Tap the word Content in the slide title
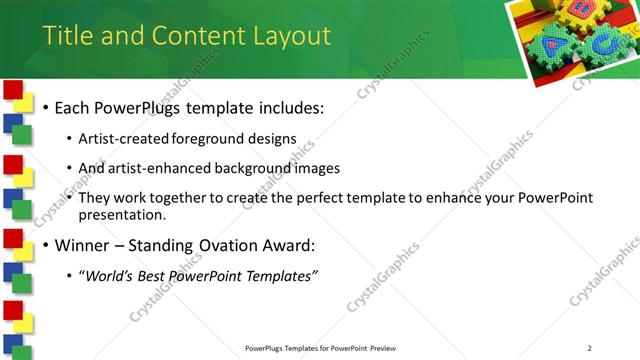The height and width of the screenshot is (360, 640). [x=198, y=37]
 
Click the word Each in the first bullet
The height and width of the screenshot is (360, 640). [x=72, y=107]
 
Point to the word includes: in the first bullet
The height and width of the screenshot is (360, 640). [x=290, y=107]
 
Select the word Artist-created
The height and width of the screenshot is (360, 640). [x=123, y=138]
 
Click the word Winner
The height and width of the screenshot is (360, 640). [x=83, y=245]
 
